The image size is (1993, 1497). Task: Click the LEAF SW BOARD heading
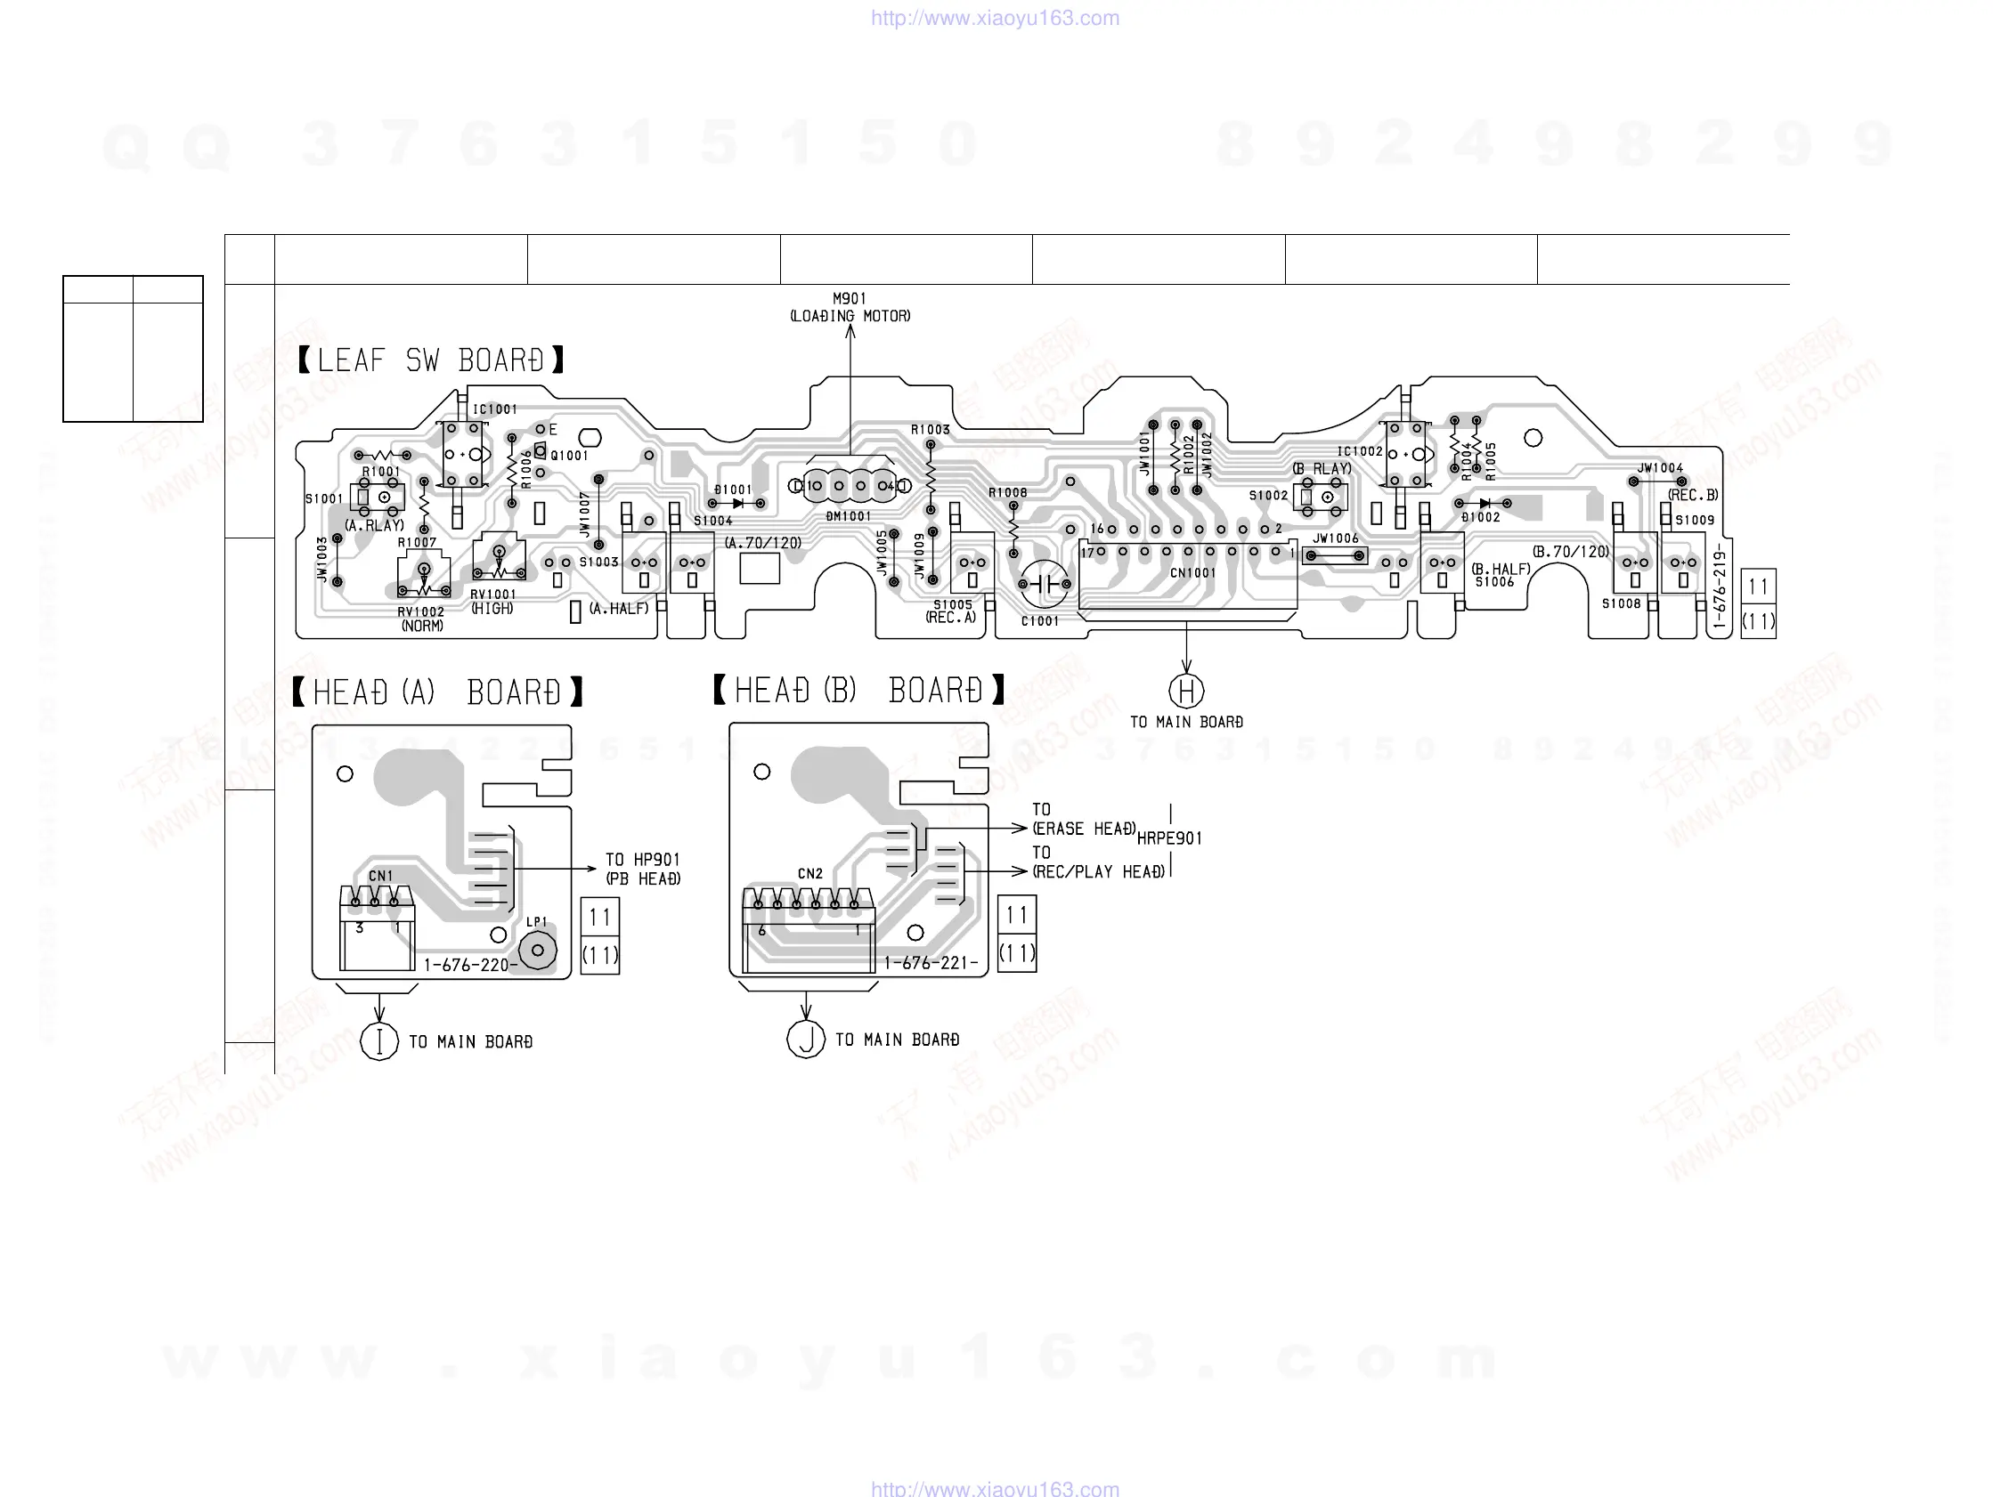pos(432,360)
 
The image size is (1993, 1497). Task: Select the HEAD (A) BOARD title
pos(438,692)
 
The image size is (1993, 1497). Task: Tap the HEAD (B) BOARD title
pos(858,691)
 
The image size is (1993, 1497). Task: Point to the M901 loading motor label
pos(850,307)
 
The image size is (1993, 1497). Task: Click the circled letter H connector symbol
pos(1186,691)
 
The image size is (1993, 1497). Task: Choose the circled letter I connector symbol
pos(379,1041)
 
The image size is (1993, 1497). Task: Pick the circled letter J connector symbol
pos(806,1040)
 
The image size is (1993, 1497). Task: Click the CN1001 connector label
pos(1193,573)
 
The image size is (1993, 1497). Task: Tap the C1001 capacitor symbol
pos(1045,584)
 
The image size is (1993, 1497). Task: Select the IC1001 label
pos(495,409)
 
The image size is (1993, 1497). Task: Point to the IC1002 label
pos(1359,451)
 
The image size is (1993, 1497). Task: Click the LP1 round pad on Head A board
pos(538,951)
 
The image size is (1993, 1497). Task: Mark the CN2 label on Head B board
pos(810,874)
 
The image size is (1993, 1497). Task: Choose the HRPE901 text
pos(1169,838)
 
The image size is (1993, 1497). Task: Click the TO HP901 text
pos(642,860)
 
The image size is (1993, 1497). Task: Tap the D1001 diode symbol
pos(738,504)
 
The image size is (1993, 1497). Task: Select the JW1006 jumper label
pos(1335,538)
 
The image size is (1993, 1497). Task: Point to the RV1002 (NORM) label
pos(422,619)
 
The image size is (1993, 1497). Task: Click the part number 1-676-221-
pos(931,963)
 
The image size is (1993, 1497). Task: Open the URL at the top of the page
pos(995,18)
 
